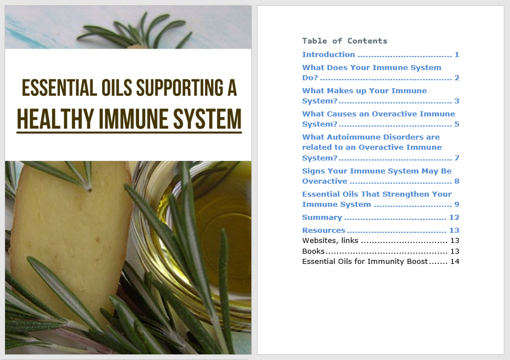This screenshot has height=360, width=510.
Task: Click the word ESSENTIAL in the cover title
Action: [59, 88]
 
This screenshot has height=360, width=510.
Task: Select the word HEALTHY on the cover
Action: [55, 119]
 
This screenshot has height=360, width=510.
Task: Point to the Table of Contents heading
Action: [345, 41]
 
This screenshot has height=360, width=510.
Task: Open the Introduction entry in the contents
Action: [329, 54]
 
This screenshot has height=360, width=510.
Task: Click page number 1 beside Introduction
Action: [457, 54]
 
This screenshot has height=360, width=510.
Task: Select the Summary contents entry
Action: [322, 218]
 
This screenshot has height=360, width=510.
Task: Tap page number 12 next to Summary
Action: [454, 218]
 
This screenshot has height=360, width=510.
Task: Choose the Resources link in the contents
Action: [324, 231]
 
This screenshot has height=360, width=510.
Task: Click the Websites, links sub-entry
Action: [330, 241]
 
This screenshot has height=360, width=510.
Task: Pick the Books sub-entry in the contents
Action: [313, 251]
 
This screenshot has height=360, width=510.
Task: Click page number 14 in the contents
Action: [455, 261]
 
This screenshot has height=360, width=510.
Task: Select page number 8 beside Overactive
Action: [457, 181]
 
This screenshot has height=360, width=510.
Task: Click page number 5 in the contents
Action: [457, 124]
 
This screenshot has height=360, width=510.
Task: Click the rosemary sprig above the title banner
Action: [137, 31]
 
